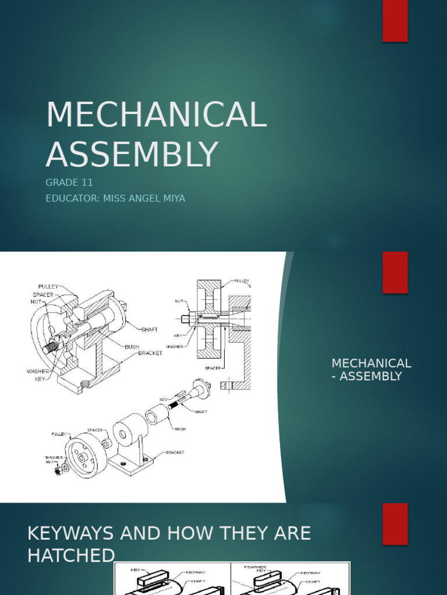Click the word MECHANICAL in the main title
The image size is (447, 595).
[x=156, y=114]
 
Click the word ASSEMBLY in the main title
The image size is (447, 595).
[x=132, y=155]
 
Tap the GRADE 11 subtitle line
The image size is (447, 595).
[x=69, y=182]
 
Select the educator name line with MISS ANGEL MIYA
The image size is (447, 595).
[x=115, y=199]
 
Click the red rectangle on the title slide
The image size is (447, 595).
[x=395, y=21]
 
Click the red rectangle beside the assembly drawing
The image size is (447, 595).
[x=395, y=273]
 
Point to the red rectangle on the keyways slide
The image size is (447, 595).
[x=395, y=524]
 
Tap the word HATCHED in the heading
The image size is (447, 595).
[x=71, y=556]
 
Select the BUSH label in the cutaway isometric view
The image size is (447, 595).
[x=132, y=347]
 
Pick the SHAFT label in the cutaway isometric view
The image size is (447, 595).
[x=150, y=329]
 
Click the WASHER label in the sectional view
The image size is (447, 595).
[x=175, y=347]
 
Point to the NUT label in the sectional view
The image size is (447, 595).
[x=179, y=301]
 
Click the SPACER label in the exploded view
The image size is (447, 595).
[x=95, y=430]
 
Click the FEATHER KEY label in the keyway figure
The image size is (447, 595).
[x=255, y=569]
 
